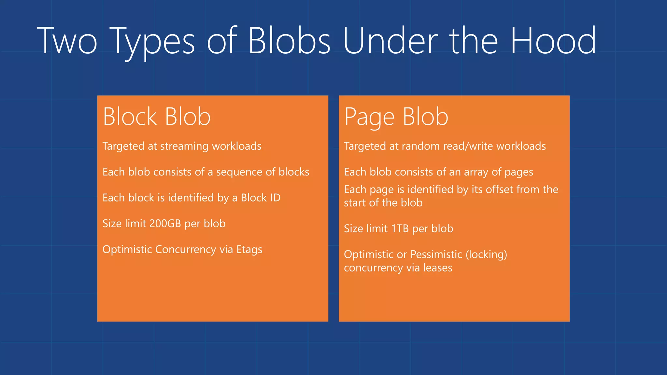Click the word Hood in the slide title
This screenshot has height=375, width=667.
click(553, 41)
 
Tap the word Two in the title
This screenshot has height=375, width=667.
click(67, 41)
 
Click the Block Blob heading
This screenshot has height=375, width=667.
click(157, 117)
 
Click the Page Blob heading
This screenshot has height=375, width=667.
click(396, 117)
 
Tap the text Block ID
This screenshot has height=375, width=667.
click(261, 198)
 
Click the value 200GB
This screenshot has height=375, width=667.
click(165, 224)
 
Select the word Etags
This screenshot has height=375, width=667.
click(249, 250)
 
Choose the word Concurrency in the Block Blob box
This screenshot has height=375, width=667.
click(185, 249)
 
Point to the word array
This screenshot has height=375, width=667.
click(476, 172)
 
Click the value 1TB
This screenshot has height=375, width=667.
click(400, 229)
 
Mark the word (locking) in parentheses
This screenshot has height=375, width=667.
click(486, 255)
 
